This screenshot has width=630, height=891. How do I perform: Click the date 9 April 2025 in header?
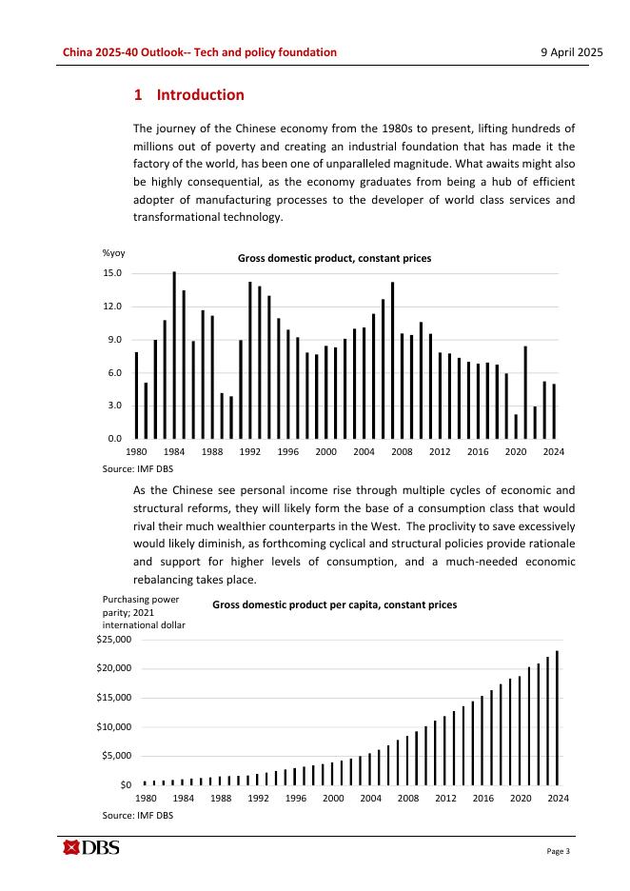[566, 52]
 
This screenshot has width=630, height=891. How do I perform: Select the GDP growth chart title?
[334, 258]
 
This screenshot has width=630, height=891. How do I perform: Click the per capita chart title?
[334, 604]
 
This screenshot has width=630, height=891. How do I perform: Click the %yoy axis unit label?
[113, 253]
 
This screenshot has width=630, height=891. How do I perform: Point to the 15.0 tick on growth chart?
[113, 273]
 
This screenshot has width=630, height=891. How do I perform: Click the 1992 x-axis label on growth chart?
[250, 452]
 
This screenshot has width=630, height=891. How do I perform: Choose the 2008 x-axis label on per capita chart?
[408, 799]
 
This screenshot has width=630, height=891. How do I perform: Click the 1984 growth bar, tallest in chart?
[174, 354]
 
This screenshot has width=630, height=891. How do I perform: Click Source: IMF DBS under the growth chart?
[137, 469]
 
